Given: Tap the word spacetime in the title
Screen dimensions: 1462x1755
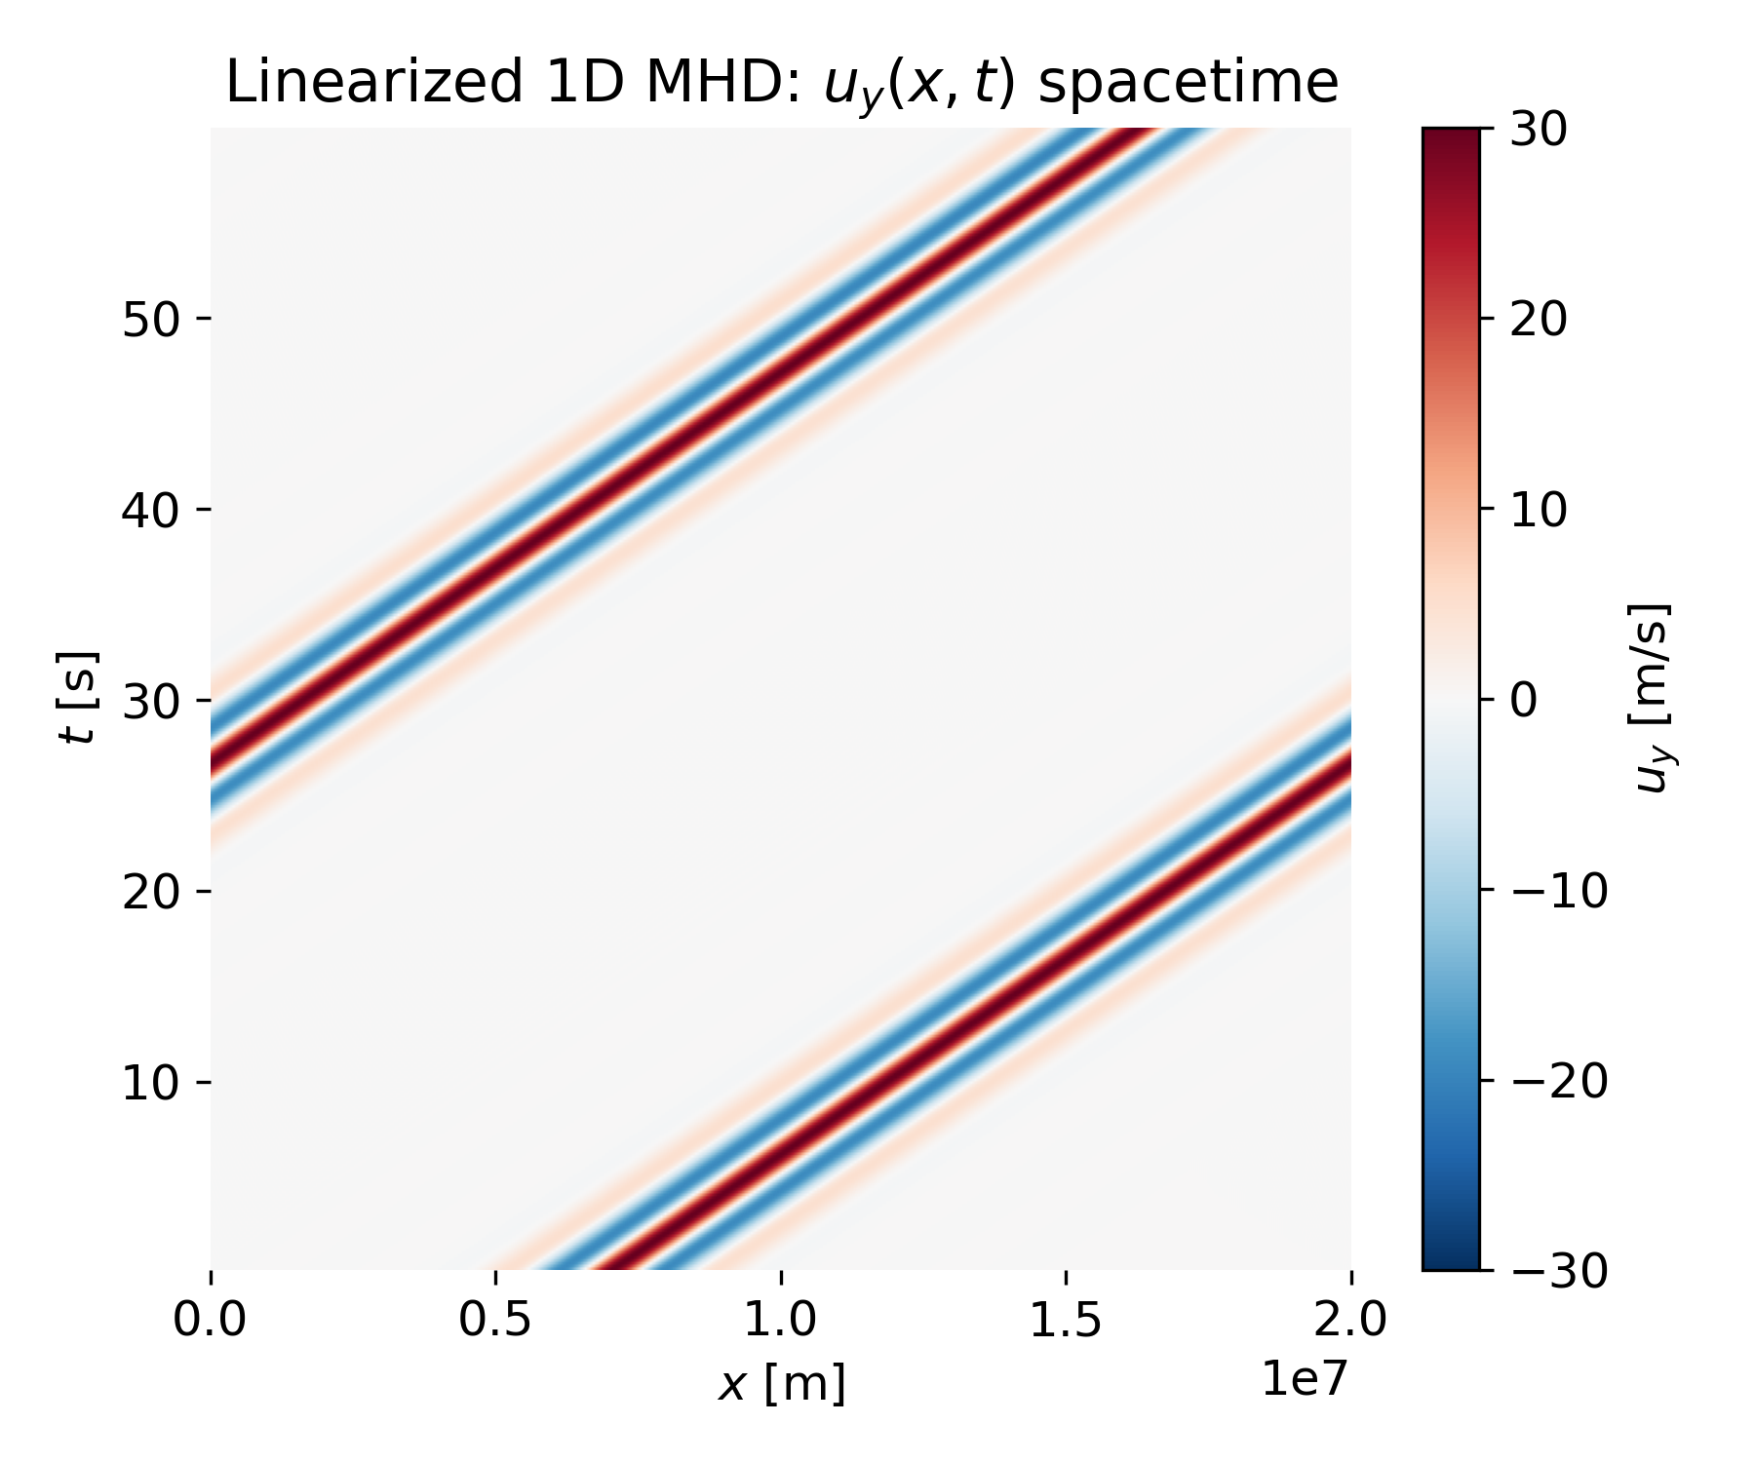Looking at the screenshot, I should pyautogui.click(x=1188, y=82).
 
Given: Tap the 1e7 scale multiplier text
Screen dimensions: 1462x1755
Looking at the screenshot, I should pyautogui.click(x=1306, y=1378).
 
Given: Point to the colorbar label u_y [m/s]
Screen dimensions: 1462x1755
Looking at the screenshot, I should pyautogui.click(x=1651, y=698).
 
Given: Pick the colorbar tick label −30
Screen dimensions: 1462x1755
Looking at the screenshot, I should pyautogui.click(x=1556, y=1271).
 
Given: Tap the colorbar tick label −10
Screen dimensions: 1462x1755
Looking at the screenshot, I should pyautogui.click(x=1556, y=890).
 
